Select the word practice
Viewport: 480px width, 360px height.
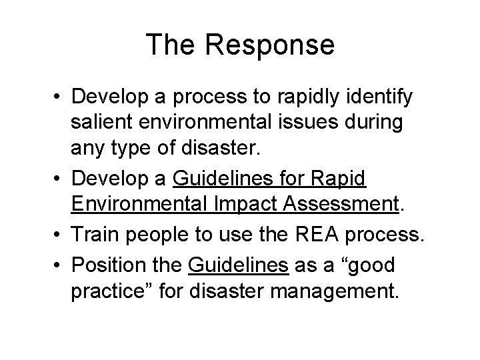tap(111, 293)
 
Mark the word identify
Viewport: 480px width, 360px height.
tap(386, 97)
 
